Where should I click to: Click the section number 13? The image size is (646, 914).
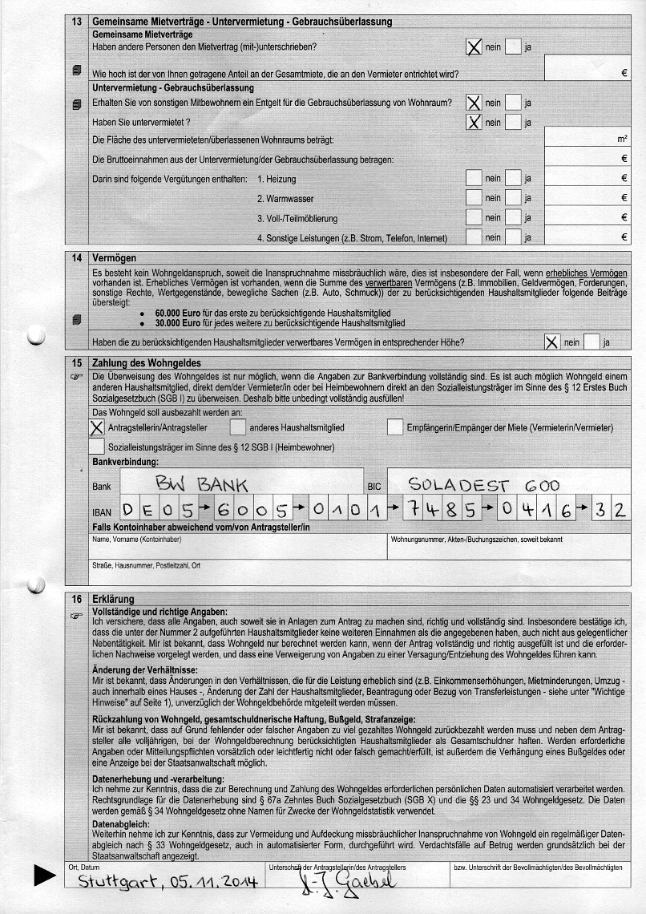point(77,22)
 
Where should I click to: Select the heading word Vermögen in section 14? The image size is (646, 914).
point(115,258)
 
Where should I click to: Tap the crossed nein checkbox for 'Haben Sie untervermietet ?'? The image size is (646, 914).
point(474,122)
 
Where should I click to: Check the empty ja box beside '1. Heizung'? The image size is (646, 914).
point(513,178)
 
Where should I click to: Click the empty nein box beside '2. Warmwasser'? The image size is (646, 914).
point(474,198)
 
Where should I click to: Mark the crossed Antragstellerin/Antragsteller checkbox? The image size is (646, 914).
point(97,427)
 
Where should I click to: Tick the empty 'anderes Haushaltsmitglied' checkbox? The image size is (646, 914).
point(238,427)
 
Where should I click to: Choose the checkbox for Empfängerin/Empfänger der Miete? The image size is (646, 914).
point(394,427)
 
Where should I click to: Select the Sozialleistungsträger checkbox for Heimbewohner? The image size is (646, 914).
point(97,447)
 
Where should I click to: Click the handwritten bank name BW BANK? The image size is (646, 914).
point(202,483)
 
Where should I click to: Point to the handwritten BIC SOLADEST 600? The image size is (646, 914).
point(483,484)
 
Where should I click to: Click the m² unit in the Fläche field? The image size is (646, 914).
point(622,139)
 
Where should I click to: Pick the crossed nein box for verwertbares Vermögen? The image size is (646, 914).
point(551,342)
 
